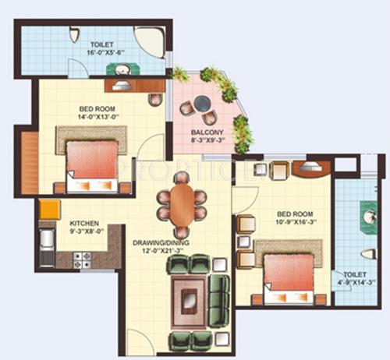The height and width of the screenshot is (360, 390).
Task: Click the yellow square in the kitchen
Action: (49, 210)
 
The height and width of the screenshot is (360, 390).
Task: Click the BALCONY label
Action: (207, 133)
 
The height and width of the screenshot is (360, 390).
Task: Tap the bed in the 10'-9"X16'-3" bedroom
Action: (289, 277)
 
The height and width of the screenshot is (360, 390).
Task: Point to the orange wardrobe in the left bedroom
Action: (30, 164)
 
